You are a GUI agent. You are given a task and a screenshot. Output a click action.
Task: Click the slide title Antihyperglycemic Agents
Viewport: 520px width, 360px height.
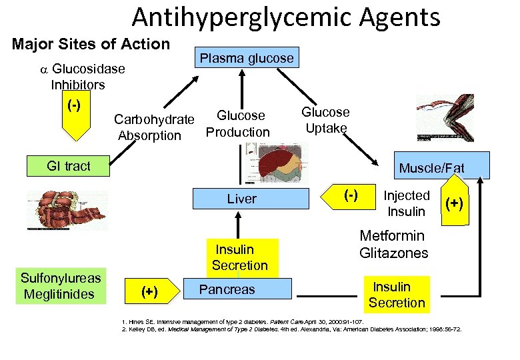click(x=286, y=17)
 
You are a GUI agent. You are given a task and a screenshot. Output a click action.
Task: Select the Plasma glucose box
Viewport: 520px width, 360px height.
click(x=247, y=58)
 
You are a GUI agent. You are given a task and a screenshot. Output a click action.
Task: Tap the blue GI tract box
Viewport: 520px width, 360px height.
click(x=69, y=166)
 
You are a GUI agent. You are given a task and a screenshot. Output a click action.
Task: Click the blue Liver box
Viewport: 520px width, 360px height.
click(x=241, y=199)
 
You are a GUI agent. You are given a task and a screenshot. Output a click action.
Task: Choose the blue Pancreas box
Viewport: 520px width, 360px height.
click(x=227, y=289)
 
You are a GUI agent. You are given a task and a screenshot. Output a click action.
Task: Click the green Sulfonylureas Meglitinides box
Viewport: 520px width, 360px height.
click(x=61, y=286)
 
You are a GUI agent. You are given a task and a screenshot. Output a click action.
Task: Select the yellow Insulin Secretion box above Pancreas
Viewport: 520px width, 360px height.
click(x=240, y=257)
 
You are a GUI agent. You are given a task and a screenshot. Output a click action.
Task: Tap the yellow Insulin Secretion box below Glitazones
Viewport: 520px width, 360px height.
click(x=397, y=295)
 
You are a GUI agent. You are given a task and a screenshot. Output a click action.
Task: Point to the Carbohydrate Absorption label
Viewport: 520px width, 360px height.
click(x=153, y=127)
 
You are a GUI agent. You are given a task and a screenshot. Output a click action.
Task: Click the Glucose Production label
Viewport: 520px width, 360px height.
click(x=238, y=124)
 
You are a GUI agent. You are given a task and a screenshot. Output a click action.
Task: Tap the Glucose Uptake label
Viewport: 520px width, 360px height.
click(x=325, y=120)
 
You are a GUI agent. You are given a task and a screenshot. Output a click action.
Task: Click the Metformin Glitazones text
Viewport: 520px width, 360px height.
click(x=393, y=244)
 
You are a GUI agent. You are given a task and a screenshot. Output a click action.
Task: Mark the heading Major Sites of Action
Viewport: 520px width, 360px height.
click(x=91, y=44)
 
